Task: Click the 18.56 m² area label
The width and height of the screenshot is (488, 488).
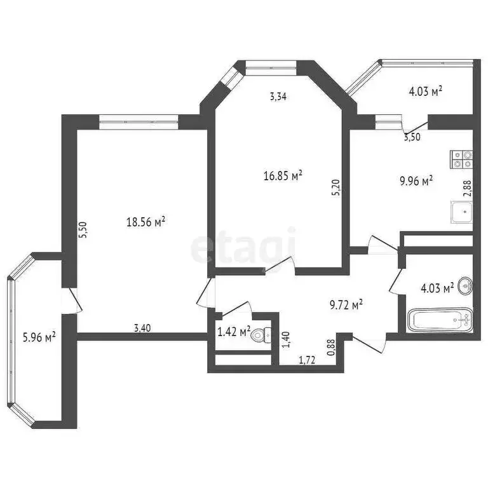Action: (x=146, y=222)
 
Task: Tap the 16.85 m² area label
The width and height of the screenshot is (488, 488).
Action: (x=283, y=175)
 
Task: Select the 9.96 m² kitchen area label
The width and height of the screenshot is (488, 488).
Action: (x=416, y=181)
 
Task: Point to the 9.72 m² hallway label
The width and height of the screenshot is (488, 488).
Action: (x=346, y=305)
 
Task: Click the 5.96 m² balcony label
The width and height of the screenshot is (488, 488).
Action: (x=39, y=337)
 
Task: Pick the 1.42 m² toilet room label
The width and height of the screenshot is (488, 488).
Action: (x=234, y=332)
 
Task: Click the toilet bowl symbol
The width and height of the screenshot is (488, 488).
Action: (x=261, y=335)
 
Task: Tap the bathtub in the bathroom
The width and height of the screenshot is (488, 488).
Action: (x=440, y=320)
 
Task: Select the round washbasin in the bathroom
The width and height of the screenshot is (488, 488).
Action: (x=465, y=285)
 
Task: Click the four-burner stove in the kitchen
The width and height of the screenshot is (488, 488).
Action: (x=461, y=159)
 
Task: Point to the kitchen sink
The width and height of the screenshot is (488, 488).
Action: (x=461, y=212)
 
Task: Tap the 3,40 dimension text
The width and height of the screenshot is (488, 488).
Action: (x=142, y=328)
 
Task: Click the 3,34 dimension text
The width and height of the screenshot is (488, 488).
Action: (x=278, y=97)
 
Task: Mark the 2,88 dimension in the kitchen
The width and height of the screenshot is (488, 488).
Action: (x=468, y=189)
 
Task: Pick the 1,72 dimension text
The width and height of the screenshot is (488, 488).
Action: (x=307, y=360)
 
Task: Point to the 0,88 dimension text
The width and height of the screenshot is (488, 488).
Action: (x=332, y=348)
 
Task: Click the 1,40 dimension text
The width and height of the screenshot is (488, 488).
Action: (x=287, y=339)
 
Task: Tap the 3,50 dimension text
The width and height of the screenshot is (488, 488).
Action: (x=412, y=137)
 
